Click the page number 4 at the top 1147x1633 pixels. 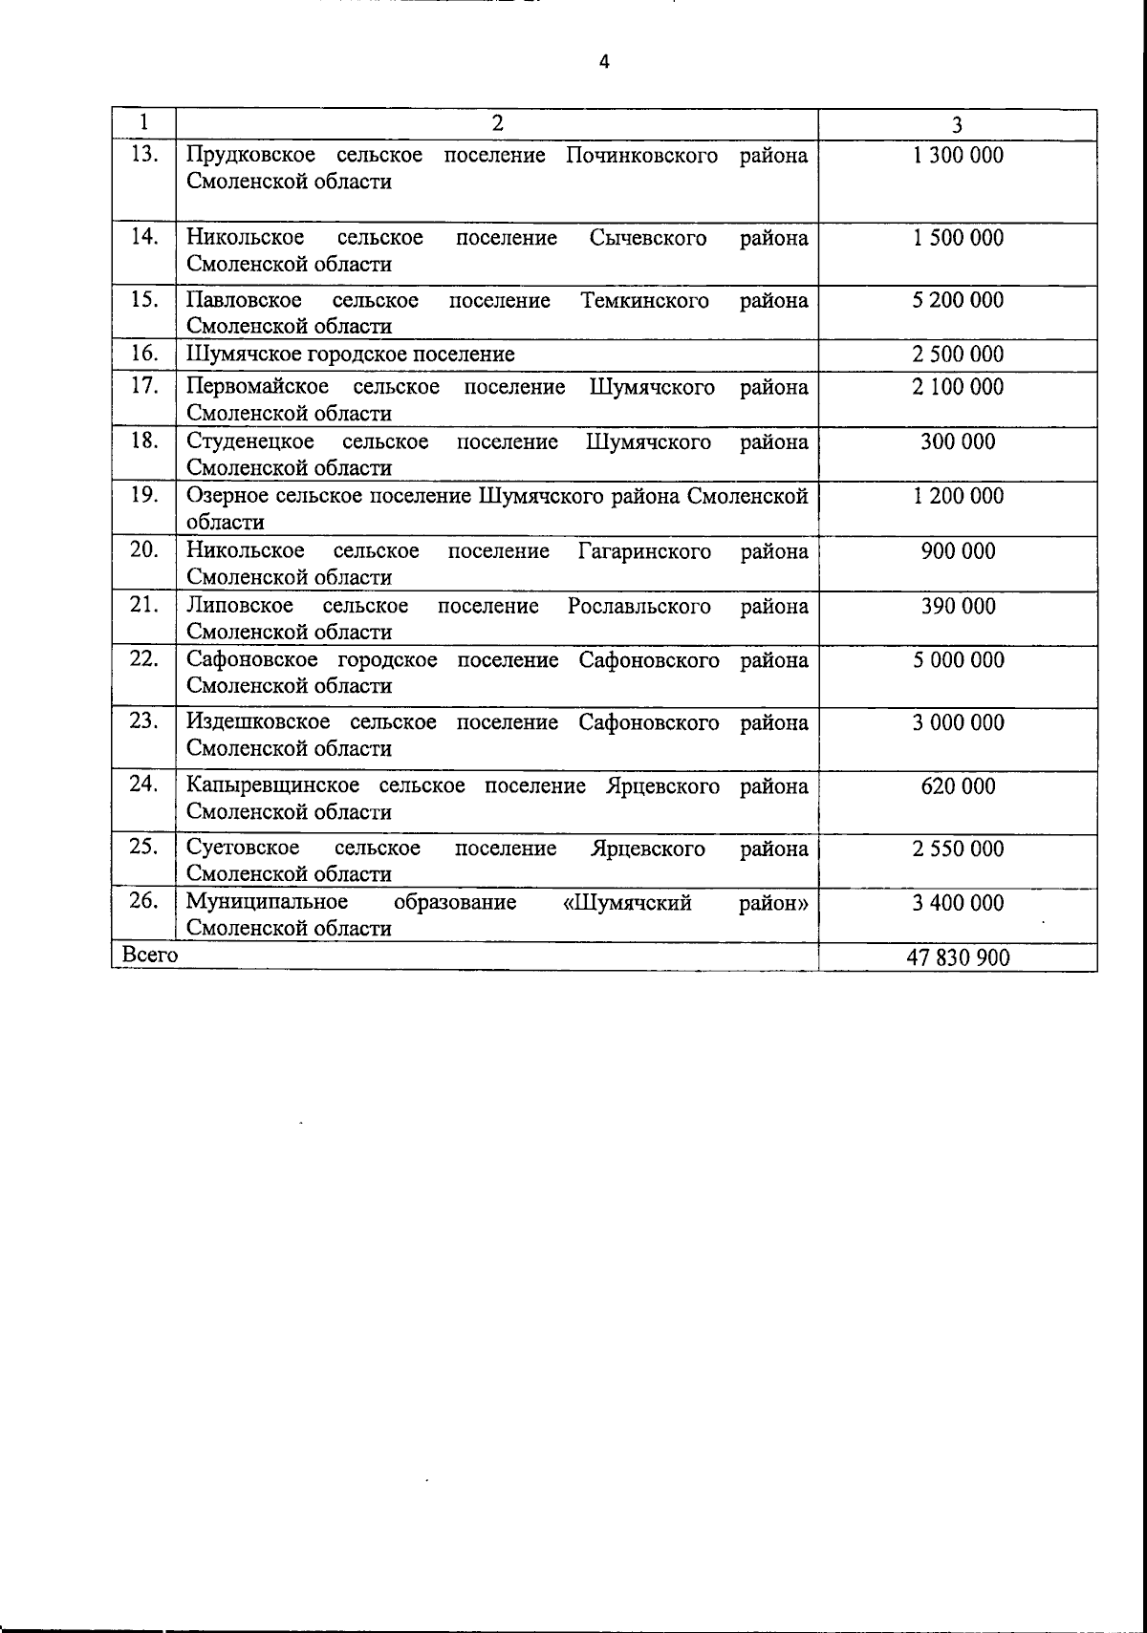pos(603,63)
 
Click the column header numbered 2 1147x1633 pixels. pos(497,123)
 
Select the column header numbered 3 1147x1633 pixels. pos(958,124)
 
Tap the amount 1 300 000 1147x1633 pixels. pos(958,155)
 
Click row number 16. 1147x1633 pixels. pos(143,354)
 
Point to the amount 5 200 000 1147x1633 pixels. pos(958,300)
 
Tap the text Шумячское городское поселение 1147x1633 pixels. pos(350,355)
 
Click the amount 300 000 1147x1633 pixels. pos(958,441)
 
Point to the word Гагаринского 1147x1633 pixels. pos(644,551)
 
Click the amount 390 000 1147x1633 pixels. pos(958,606)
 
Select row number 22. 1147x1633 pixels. pos(143,658)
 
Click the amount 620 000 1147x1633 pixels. pos(958,786)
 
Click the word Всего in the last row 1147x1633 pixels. pos(150,955)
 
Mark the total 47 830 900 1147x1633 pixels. pos(958,957)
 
